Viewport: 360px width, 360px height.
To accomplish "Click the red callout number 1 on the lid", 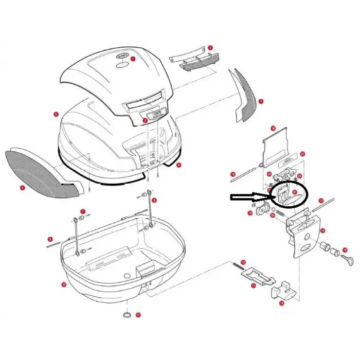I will tap(133, 59).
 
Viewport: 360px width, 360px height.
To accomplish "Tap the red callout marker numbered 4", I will tap(23, 188).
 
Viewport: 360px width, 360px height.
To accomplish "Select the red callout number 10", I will tap(64, 284).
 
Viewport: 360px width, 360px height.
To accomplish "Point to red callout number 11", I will tap(138, 314).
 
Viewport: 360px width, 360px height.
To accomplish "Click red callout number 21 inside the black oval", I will tap(295, 192).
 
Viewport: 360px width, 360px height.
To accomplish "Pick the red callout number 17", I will tap(320, 201).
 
